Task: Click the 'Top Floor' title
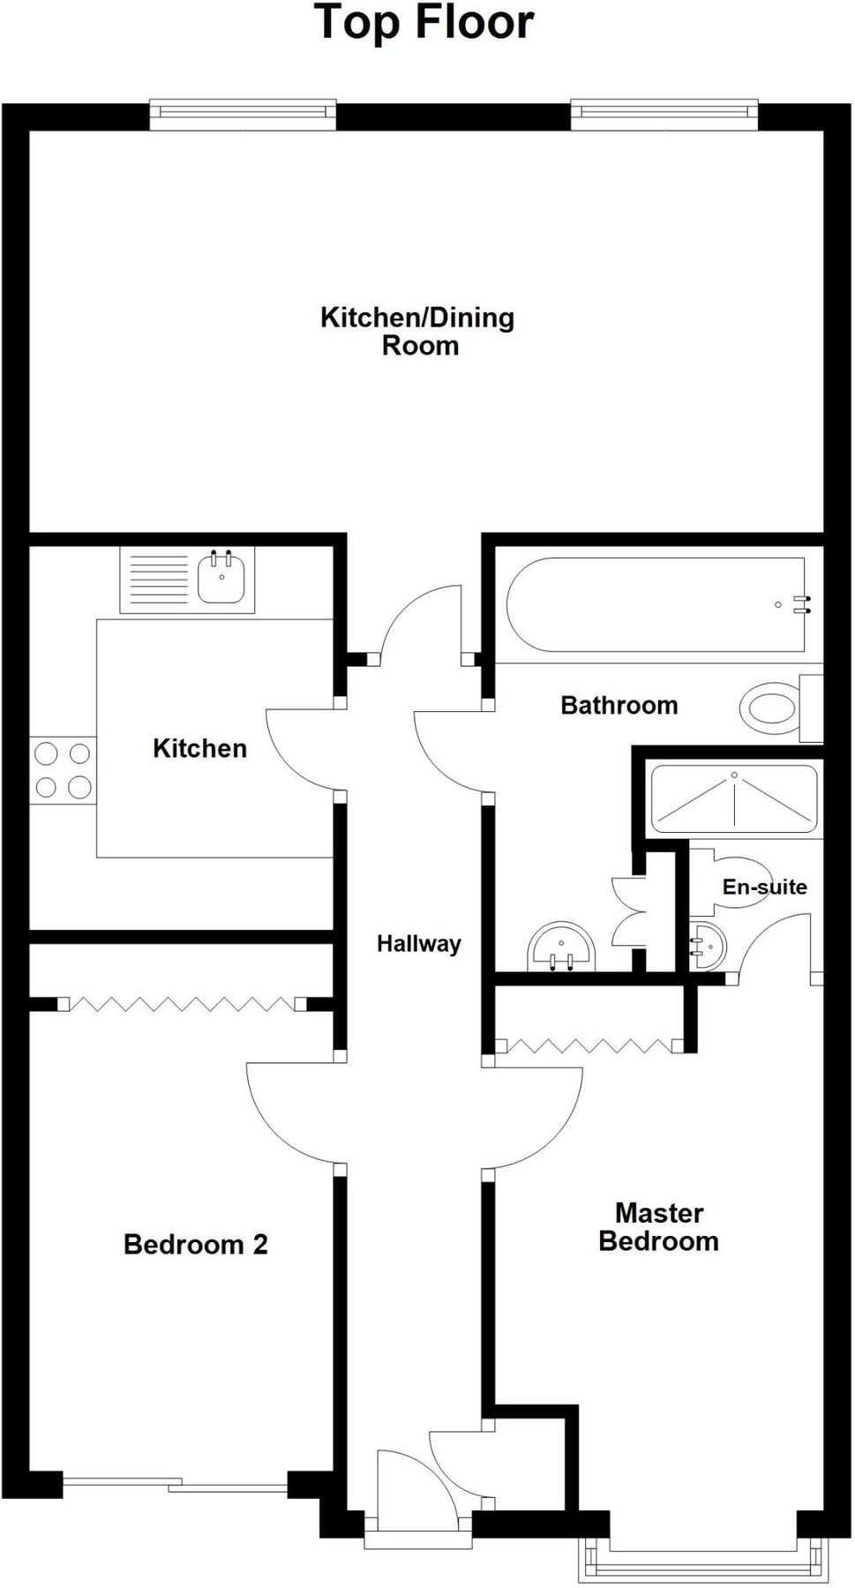[424, 23]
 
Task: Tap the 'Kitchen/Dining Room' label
[417, 331]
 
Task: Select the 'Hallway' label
[418, 944]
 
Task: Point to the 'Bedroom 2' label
[195, 1245]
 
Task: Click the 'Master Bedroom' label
[658, 1227]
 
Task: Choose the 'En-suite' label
[764, 887]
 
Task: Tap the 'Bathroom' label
[619, 706]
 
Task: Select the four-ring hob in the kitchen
[63, 770]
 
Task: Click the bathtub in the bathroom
[656, 605]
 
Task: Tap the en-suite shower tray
[733, 799]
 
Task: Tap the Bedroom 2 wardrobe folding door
[181, 1004]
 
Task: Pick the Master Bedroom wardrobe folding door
[589, 1046]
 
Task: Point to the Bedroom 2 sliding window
[175, 1486]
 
